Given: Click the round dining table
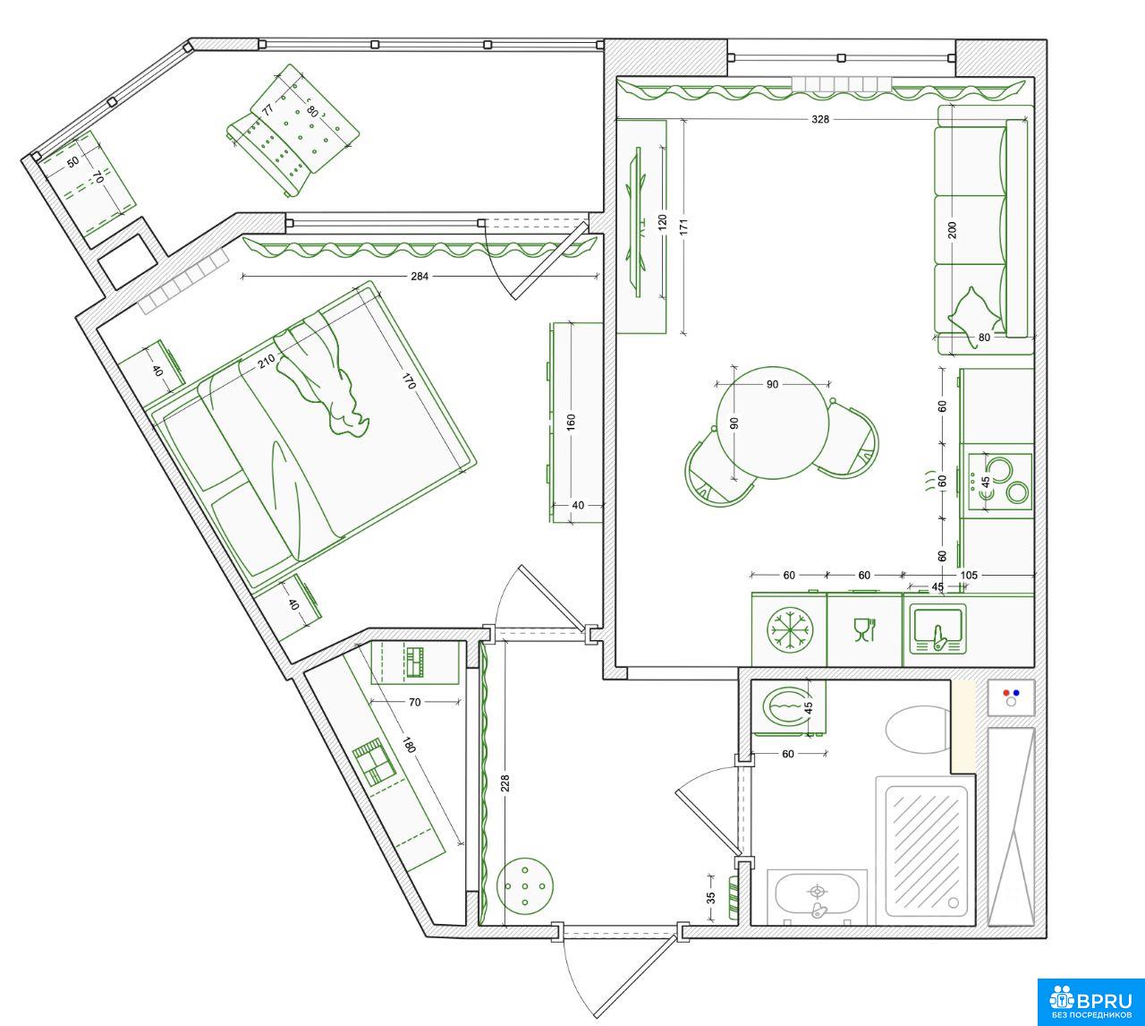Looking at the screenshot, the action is click(x=772, y=423).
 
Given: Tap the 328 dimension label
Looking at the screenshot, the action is click(x=820, y=119).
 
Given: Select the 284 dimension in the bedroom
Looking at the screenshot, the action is click(x=420, y=276).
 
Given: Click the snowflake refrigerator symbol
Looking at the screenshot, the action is click(x=790, y=629).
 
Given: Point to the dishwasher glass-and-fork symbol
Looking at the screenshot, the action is click(x=863, y=629).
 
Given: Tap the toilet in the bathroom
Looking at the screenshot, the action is click(x=918, y=729).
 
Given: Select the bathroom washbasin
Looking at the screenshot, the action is click(x=817, y=895).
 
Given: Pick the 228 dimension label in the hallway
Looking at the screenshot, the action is click(x=505, y=782).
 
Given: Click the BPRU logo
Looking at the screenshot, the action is click(x=1090, y=1002).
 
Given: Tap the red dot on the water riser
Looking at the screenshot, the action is click(x=1006, y=692).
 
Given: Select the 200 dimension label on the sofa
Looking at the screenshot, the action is click(x=953, y=229).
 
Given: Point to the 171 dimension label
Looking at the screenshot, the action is click(x=684, y=227).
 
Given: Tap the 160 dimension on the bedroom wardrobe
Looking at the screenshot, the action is click(x=571, y=422).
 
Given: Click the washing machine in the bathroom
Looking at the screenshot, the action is click(x=789, y=707).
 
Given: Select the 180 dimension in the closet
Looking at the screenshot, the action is click(x=409, y=745).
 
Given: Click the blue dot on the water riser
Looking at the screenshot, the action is click(x=1016, y=692).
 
